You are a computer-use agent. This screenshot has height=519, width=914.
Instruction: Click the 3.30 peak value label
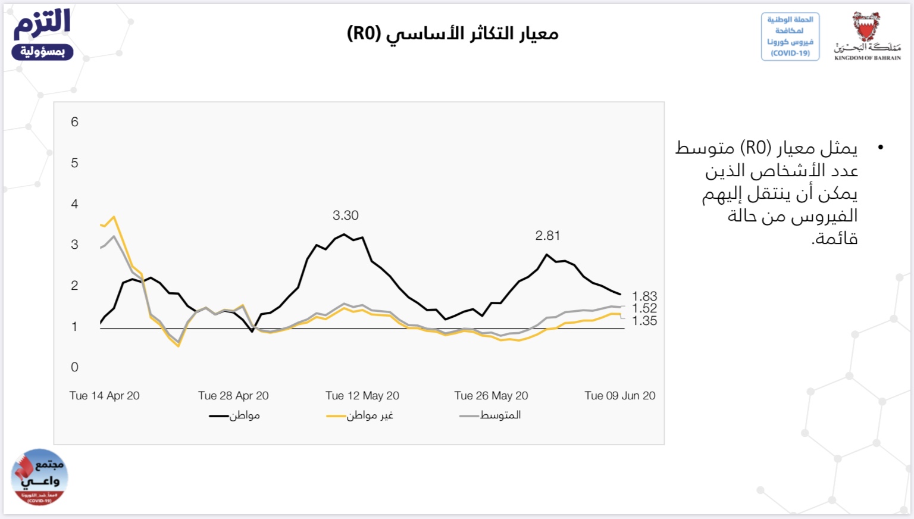[345, 215]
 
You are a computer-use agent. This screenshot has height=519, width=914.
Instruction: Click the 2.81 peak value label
[547, 236]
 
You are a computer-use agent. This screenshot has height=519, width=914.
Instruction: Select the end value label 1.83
[644, 296]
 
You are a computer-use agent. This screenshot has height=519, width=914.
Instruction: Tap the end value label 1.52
[644, 308]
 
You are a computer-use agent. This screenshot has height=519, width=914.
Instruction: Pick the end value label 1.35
[644, 321]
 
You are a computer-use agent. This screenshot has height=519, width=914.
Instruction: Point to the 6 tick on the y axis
[74, 122]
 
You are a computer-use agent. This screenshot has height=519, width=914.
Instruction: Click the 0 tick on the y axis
[74, 367]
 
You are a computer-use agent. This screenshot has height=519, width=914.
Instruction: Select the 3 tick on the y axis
[74, 245]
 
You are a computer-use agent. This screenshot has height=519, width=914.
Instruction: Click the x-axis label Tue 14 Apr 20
[104, 396]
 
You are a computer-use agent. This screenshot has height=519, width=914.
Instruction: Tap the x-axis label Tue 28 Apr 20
[233, 396]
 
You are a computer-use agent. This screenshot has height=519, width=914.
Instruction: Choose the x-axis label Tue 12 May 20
[362, 396]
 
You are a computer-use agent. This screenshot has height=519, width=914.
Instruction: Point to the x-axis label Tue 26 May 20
[491, 396]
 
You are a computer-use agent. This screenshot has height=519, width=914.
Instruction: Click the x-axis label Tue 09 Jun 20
[619, 396]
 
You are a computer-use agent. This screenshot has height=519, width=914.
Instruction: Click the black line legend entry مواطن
[234, 415]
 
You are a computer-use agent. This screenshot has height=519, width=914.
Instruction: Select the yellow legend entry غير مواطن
[359, 415]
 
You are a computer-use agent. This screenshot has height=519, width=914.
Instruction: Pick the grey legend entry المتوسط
[490, 415]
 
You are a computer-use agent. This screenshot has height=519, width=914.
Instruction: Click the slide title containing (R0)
[453, 33]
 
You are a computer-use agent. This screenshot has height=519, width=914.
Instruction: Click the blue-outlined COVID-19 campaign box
[790, 36]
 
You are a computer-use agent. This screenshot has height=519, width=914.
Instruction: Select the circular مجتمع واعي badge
[39, 477]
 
